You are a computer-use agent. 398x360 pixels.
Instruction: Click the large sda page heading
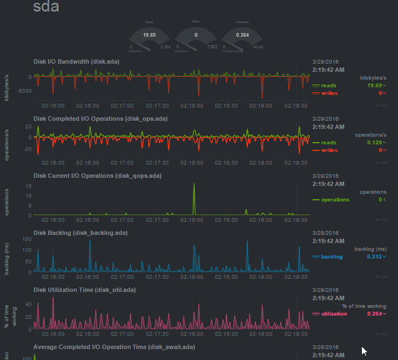pyautogui.click(x=46, y=8)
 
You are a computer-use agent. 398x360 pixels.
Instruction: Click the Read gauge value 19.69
pyautogui.click(x=149, y=35)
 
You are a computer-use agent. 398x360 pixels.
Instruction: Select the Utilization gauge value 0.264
pyautogui.click(x=242, y=35)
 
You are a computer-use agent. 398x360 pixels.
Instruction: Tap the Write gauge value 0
pyautogui.click(x=196, y=35)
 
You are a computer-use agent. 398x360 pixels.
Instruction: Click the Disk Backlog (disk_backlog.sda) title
pyautogui.click(x=80, y=233)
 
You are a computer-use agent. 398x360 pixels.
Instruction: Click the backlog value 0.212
pyautogui.click(x=374, y=257)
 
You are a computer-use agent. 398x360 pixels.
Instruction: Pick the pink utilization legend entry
pyautogui.click(x=333, y=314)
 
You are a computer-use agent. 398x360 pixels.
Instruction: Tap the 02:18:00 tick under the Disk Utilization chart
pyautogui.click(x=194, y=334)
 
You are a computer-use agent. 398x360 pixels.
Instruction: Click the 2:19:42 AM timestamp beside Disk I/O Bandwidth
pyautogui.click(x=328, y=70)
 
